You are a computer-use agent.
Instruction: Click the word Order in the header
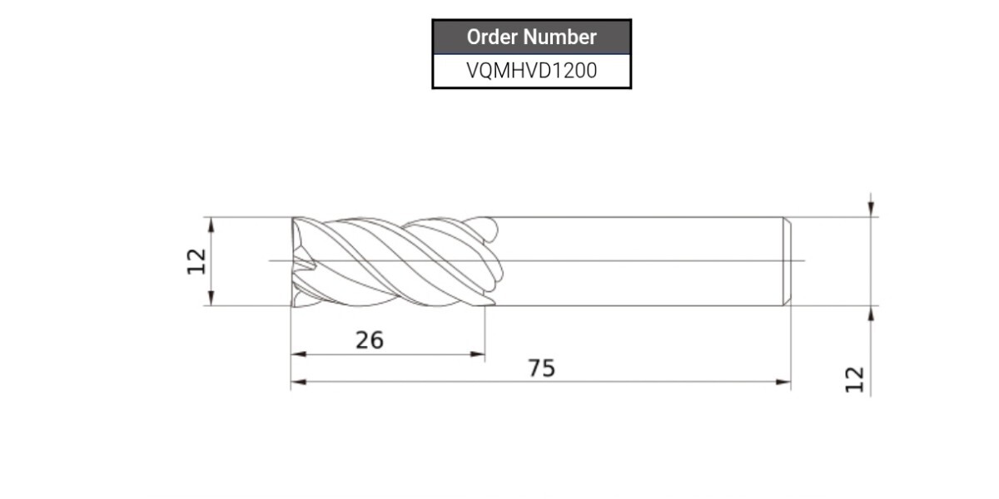[491, 37]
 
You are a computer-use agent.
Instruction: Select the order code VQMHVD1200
[532, 71]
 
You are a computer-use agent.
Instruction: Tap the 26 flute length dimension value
[370, 340]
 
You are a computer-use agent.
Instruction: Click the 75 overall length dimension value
[541, 368]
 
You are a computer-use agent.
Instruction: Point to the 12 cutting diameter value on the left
[196, 261]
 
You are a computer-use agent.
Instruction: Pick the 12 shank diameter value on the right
[855, 379]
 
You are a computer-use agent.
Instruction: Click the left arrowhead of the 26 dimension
[298, 354]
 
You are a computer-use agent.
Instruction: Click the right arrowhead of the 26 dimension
[478, 354]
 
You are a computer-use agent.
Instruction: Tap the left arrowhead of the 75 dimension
[298, 382]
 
